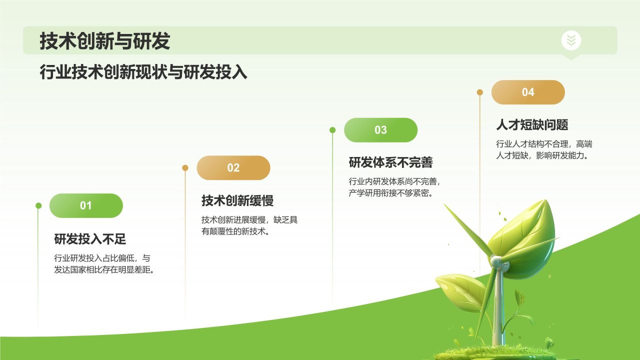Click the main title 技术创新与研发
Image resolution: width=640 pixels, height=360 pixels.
(x=105, y=41)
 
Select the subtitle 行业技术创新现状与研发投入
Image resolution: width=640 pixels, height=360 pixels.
(x=143, y=72)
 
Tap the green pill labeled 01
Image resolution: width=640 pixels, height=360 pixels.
(x=86, y=205)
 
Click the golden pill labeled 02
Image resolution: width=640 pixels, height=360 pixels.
(x=233, y=168)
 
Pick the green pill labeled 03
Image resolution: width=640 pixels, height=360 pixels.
(x=380, y=130)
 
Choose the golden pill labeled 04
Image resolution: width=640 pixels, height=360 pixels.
(x=528, y=92)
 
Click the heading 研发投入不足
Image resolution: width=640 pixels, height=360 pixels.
(x=90, y=239)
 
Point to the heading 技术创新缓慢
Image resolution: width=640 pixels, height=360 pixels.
(x=237, y=201)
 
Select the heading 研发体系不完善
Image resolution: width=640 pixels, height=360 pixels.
(x=390, y=162)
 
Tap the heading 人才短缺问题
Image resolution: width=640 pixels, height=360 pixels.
(x=532, y=124)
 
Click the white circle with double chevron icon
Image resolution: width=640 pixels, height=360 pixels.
(x=571, y=40)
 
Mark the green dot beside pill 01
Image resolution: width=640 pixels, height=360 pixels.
(x=38, y=205)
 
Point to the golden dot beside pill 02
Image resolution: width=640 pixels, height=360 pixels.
(x=185, y=168)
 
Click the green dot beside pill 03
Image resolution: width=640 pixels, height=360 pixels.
(x=332, y=130)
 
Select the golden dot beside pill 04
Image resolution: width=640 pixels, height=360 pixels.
(x=480, y=92)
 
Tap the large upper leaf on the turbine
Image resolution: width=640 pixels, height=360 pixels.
(x=522, y=235)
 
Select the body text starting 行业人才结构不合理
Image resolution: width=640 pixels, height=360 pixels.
(x=544, y=149)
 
